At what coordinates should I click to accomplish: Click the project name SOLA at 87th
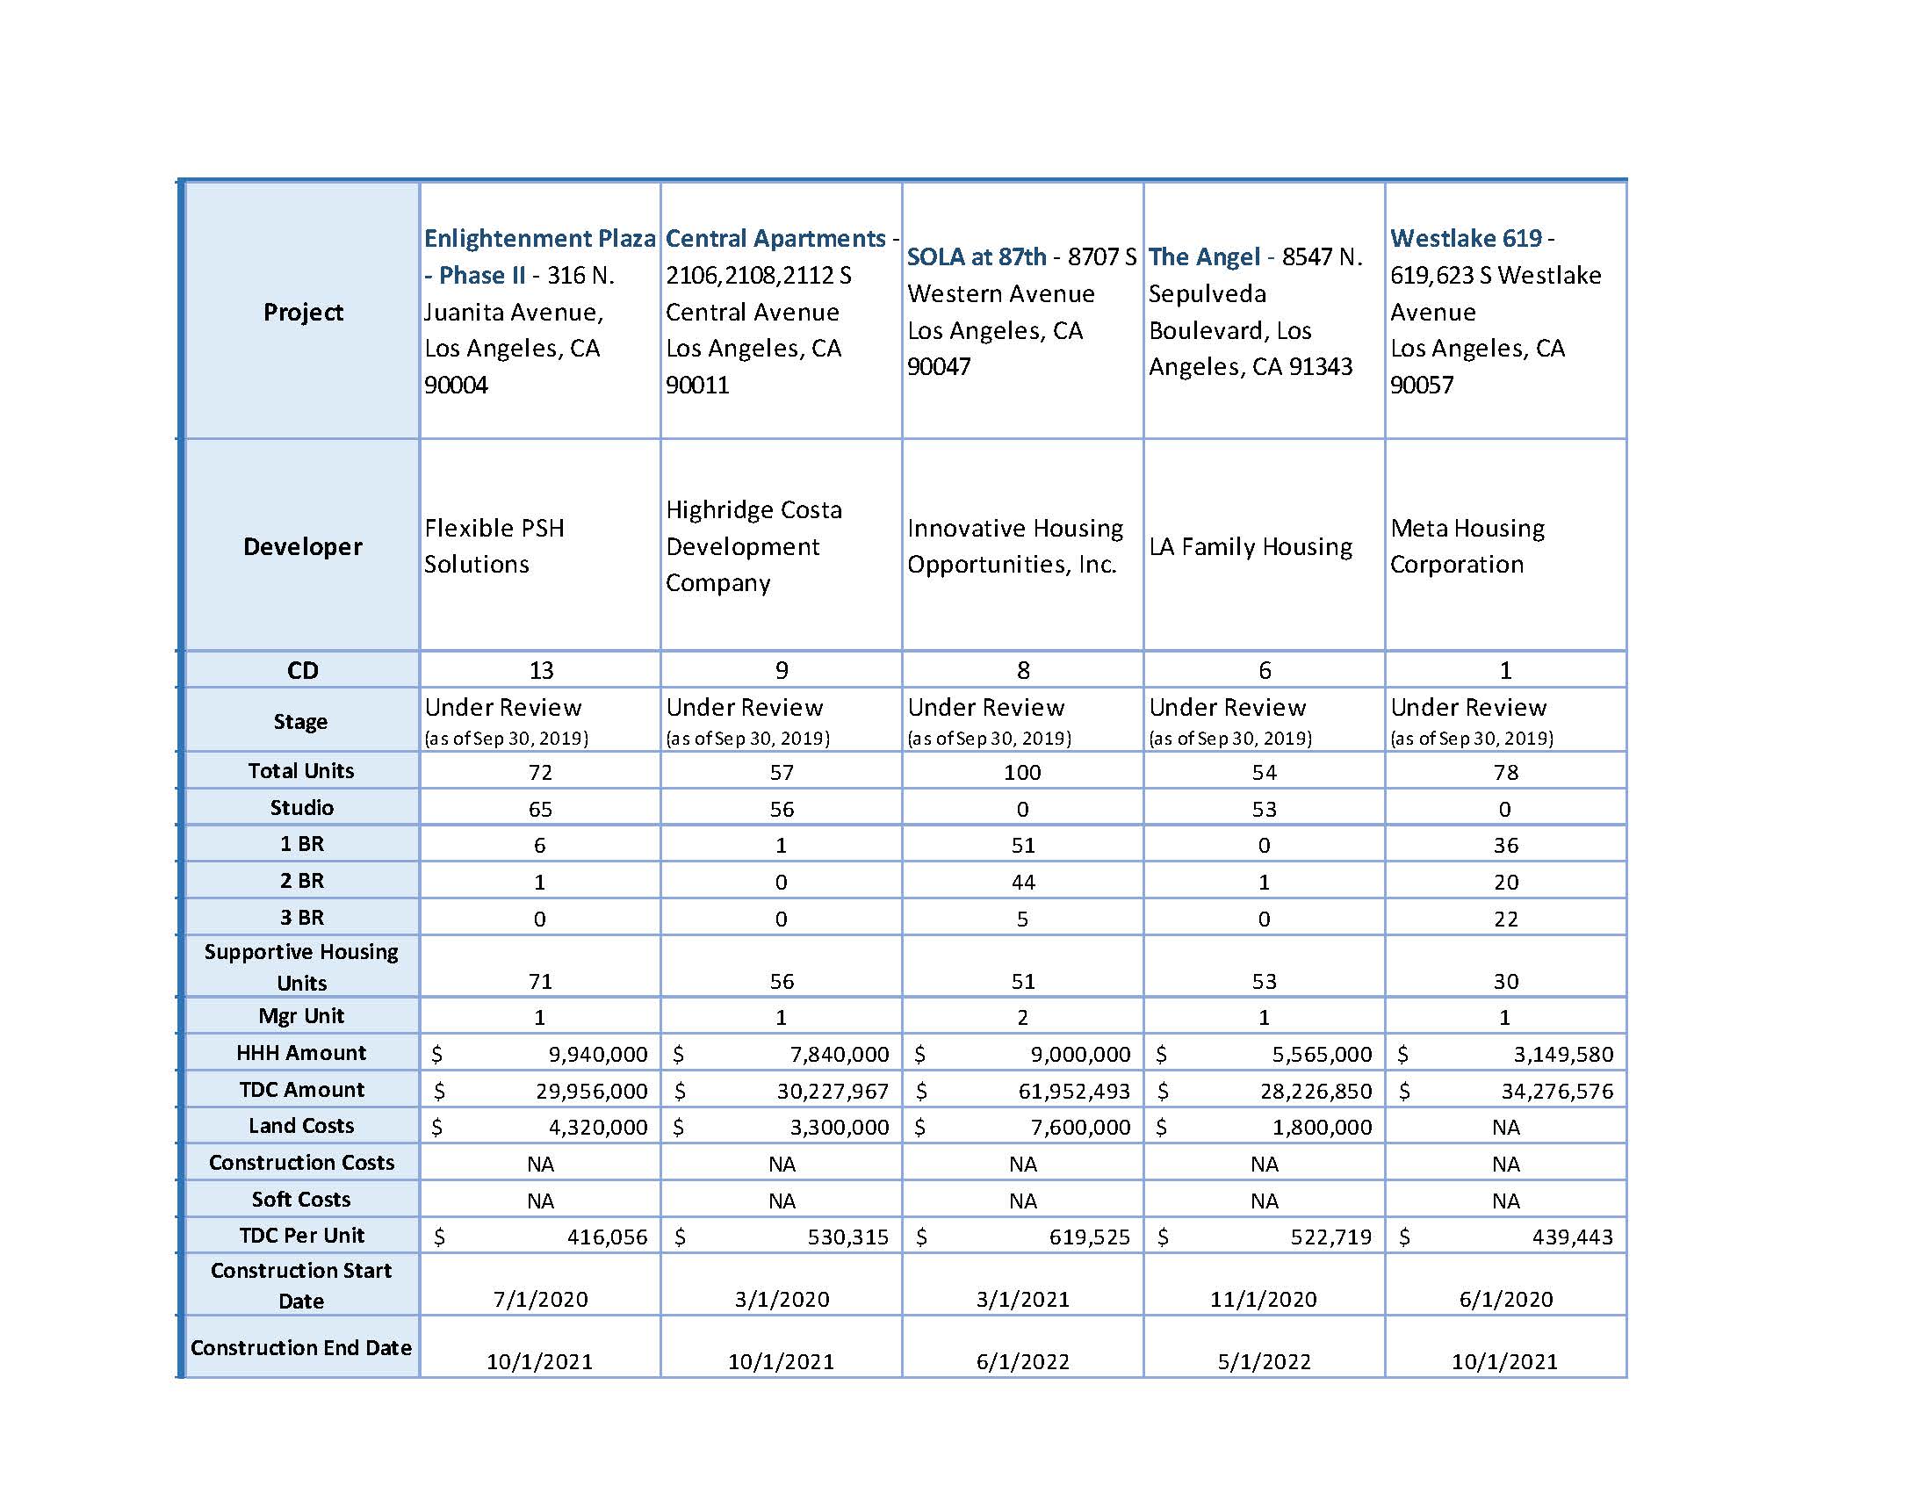tap(976, 256)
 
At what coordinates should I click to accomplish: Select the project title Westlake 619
tap(1466, 238)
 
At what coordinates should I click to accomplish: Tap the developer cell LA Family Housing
tap(1250, 546)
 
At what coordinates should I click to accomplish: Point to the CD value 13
tap(540, 670)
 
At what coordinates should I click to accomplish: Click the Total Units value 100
tap(1021, 772)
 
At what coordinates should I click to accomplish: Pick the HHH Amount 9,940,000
tap(598, 1054)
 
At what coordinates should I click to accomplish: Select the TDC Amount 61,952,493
tap(1074, 1092)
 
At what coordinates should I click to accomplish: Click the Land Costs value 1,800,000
tap(1322, 1128)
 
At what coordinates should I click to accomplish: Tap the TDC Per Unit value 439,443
tap(1572, 1237)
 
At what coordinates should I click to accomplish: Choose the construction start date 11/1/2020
tap(1263, 1299)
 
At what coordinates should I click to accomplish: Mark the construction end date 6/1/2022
tap(1022, 1362)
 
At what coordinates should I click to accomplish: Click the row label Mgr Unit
tap(300, 1016)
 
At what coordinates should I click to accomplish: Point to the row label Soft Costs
tap(300, 1200)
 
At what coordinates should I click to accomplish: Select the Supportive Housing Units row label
tap(300, 967)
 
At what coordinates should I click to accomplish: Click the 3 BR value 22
tap(1505, 920)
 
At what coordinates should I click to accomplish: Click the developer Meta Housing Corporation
tap(1467, 546)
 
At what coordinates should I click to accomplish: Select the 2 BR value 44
tap(1022, 883)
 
